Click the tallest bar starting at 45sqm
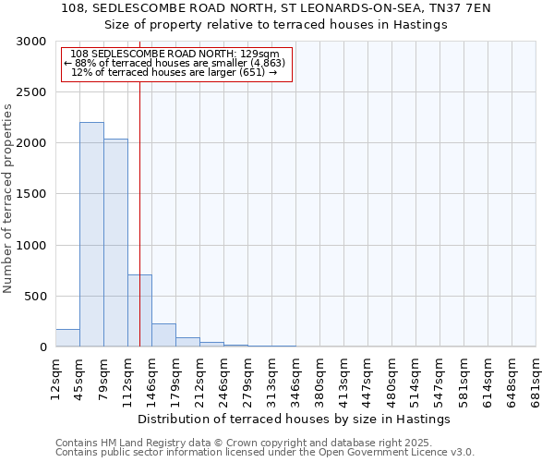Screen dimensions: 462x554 point(91,235)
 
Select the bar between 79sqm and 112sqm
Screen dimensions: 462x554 point(115,243)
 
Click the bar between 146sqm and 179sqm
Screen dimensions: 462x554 point(163,335)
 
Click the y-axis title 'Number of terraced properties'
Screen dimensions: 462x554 point(8,199)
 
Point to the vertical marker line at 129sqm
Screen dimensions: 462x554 point(139,185)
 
